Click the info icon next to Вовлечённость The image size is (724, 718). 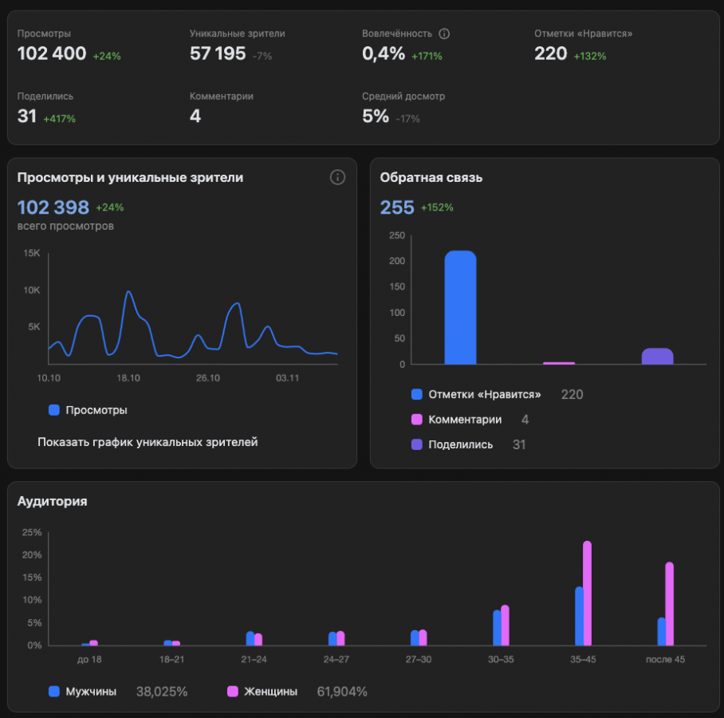445,34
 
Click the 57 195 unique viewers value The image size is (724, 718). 218,54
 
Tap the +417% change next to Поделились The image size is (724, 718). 60,119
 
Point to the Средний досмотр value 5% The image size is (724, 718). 376,116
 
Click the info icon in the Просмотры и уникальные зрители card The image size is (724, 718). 337,177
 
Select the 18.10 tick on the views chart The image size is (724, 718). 128,377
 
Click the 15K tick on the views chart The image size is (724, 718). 32,254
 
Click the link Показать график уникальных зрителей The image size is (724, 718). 148,442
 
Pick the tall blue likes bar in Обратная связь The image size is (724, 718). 460,308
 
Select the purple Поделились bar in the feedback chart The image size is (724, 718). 657,356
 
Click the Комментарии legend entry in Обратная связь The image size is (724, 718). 465,420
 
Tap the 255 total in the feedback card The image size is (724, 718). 397,207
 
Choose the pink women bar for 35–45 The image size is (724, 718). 588,593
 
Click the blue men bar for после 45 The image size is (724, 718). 661,631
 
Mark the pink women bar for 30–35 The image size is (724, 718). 505,625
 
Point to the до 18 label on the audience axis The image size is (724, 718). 89,659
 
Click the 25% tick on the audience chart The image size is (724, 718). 32,532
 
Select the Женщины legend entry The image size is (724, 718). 271,692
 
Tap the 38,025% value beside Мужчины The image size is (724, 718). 162,692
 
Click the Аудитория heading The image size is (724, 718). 53,501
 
